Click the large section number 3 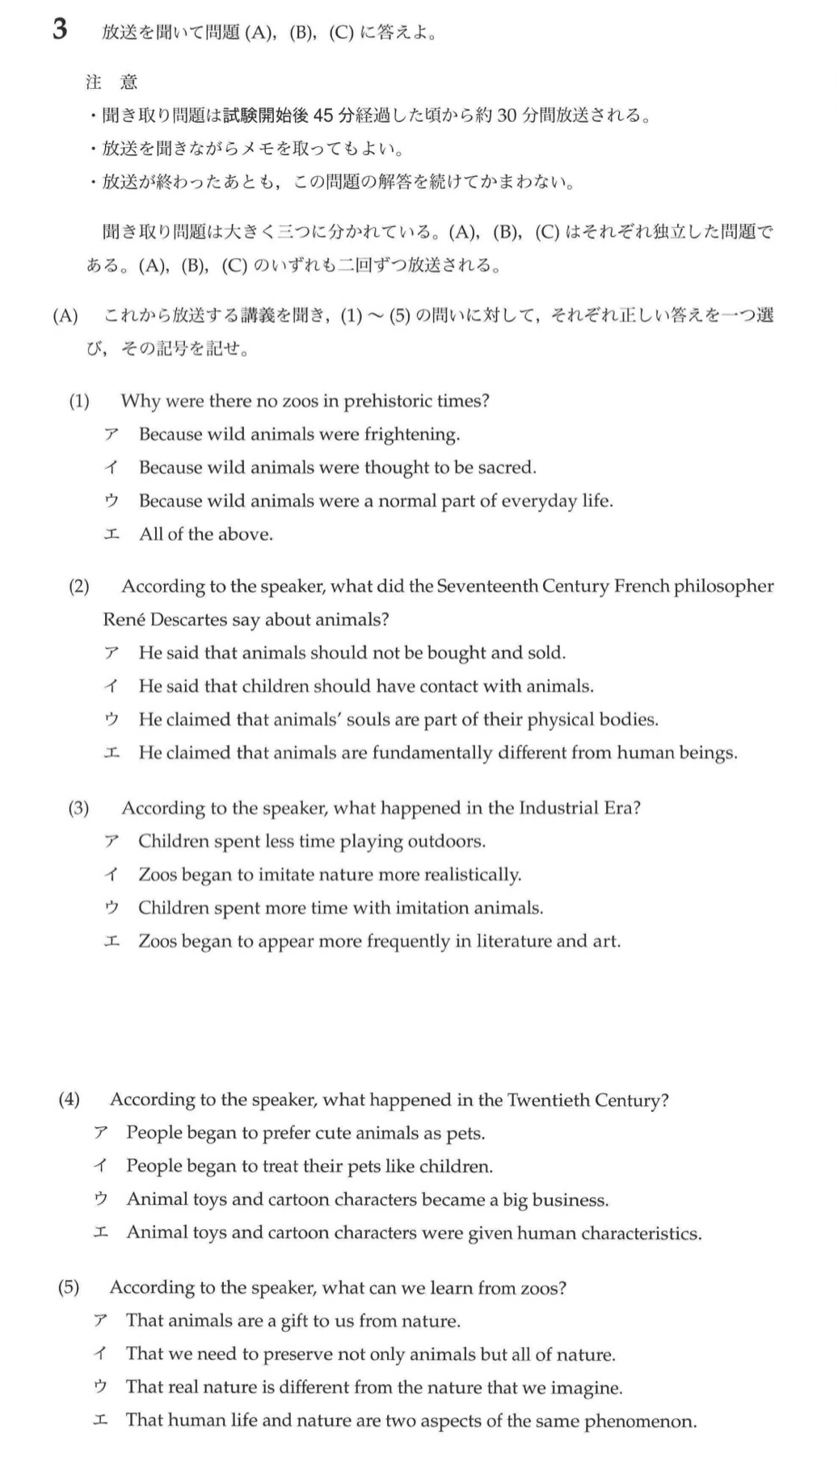coord(60,30)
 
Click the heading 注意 coord(112,82)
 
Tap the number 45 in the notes coord(322,116)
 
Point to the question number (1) coord(78,401)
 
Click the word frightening coord(411,435)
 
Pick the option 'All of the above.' coord(205,534)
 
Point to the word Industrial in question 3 coord(559,808)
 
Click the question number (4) coord(69,1099)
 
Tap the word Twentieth coord(547,1100)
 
